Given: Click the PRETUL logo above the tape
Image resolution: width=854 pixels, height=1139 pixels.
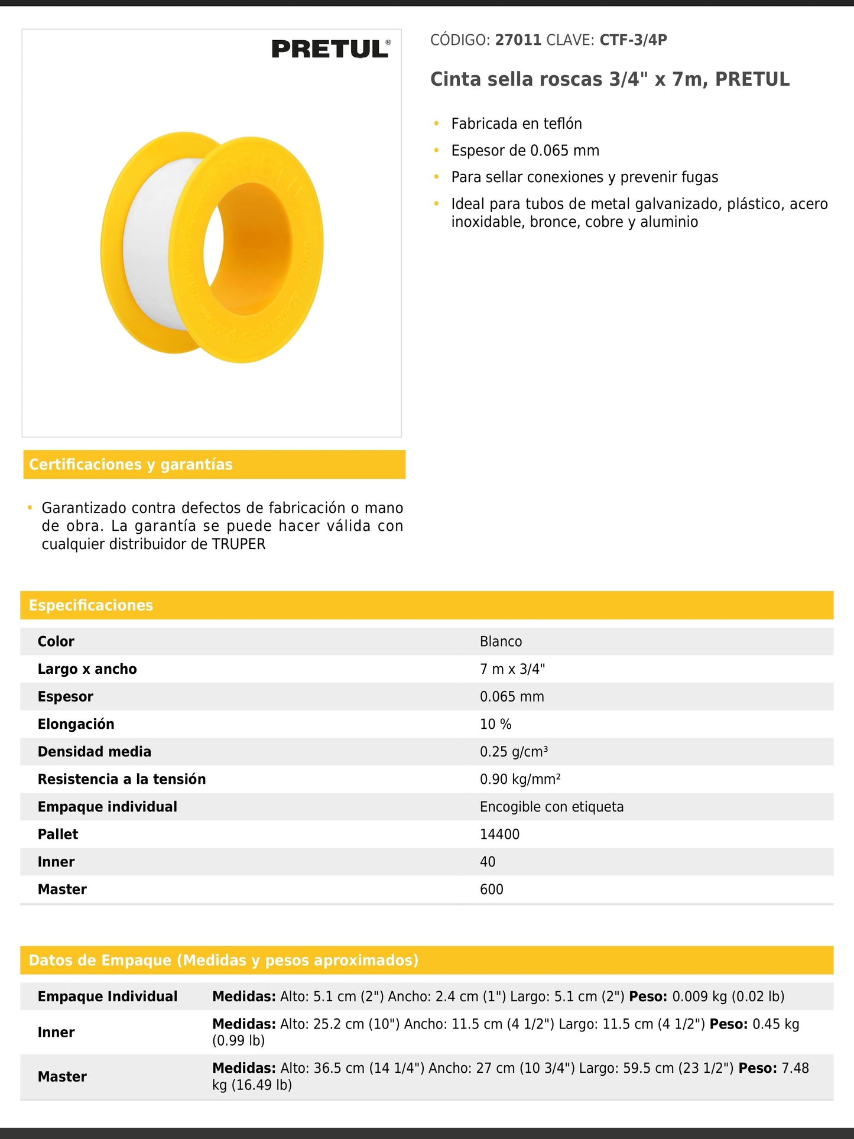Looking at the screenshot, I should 330,49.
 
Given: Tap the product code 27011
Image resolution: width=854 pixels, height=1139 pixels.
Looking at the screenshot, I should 518,40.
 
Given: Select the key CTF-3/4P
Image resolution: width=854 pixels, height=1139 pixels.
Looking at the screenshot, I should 633,40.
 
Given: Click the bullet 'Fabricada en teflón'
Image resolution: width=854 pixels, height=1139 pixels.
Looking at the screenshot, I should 516,124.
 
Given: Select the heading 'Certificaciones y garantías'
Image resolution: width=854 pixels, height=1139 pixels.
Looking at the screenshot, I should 131,465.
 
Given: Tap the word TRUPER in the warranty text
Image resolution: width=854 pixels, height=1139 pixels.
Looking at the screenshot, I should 239,544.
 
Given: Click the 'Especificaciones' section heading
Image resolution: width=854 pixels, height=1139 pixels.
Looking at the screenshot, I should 91,605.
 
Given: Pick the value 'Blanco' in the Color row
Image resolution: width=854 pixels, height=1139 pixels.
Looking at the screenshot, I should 501,641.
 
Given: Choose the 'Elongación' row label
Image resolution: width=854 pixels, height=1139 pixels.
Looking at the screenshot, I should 76,724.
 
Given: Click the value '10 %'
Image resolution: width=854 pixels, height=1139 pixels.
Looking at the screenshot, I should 495,724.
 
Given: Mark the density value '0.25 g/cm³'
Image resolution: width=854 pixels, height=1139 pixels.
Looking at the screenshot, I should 514,752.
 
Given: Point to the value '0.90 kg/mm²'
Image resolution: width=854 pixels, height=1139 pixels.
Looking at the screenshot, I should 520,779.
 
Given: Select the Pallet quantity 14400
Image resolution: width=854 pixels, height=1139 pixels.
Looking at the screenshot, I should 499,834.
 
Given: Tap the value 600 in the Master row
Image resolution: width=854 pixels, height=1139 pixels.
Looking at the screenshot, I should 491,890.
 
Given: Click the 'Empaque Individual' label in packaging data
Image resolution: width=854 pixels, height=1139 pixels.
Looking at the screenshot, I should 108,997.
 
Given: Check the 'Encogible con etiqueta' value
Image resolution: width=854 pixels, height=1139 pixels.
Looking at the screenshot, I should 551,807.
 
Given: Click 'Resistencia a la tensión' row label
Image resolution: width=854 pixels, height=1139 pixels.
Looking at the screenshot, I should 122,779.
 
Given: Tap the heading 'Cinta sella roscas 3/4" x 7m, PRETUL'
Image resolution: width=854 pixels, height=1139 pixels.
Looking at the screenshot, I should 609,79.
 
